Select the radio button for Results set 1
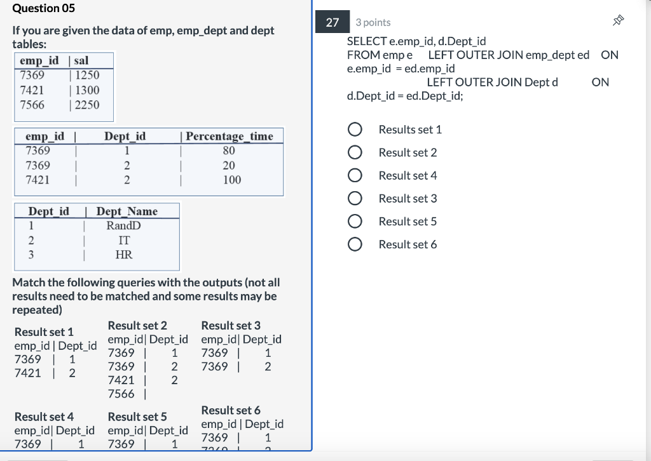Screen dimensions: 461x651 (355, 130)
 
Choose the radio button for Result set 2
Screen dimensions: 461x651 (355, 152)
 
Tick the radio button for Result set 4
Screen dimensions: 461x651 (355, 175)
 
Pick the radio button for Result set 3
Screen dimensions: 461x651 (355, 199)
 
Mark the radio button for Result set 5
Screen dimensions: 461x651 (355, 222)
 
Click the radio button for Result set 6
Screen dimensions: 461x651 (355, 244)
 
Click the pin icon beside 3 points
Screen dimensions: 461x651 (616, 22)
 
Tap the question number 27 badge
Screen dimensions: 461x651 (332, 22)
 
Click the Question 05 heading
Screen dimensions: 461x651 (43, 8)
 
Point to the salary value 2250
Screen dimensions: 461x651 (87, 105)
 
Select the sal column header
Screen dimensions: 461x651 (81, 61)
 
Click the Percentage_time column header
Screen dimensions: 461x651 (230, 136)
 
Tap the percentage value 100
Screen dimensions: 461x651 (232, 180)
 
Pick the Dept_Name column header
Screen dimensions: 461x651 (127, 211)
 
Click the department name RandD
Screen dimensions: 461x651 (123, 225)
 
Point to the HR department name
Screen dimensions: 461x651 (123, 255)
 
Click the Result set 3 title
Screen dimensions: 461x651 (231, 325)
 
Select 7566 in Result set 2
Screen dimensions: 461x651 (121, 394)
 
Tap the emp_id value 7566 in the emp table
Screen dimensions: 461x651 (32, 105)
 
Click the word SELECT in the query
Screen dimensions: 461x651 (366, 41)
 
